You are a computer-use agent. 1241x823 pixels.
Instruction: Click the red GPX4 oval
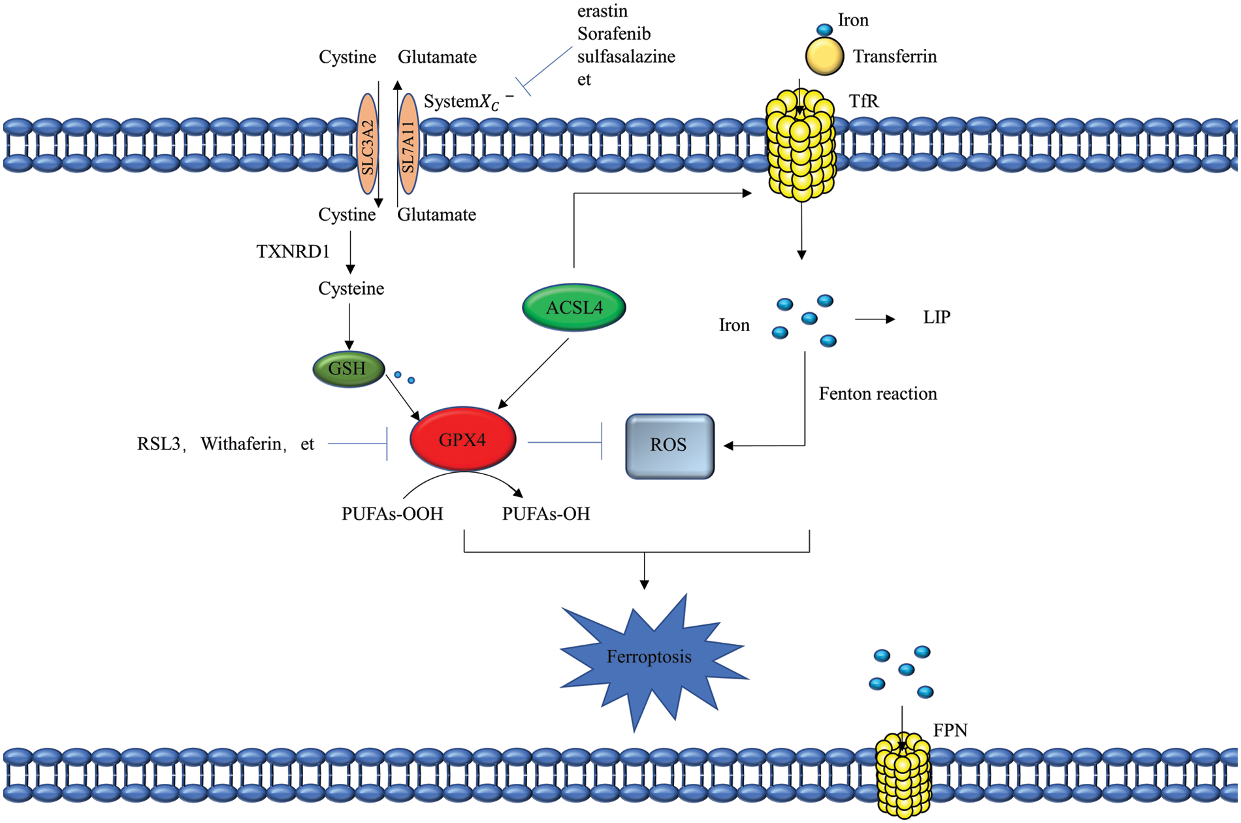462,439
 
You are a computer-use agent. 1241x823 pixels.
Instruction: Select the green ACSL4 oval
574,307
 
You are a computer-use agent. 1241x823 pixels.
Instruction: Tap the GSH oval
348,369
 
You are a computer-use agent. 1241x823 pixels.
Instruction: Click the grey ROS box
669,446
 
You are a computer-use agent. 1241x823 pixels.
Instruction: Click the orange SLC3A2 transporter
368,144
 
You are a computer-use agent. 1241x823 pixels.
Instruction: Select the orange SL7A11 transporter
408,144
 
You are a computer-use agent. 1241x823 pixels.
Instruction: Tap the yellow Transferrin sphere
824,56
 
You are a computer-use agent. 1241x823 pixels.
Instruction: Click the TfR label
863,101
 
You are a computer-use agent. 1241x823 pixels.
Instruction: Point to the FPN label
950,730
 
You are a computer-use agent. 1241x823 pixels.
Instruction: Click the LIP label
937,317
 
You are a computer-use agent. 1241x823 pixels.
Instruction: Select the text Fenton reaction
878,394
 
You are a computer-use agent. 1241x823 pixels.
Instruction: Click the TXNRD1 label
293,251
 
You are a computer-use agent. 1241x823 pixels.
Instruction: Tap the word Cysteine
351,289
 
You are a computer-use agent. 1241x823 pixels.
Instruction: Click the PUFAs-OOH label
392,514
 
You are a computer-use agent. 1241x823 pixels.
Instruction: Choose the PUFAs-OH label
546,514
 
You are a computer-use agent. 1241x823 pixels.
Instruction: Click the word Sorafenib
614,34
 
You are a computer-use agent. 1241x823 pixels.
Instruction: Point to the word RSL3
159,444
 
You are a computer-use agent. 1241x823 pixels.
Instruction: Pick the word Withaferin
241,444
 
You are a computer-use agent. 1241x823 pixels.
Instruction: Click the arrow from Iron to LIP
875,319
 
